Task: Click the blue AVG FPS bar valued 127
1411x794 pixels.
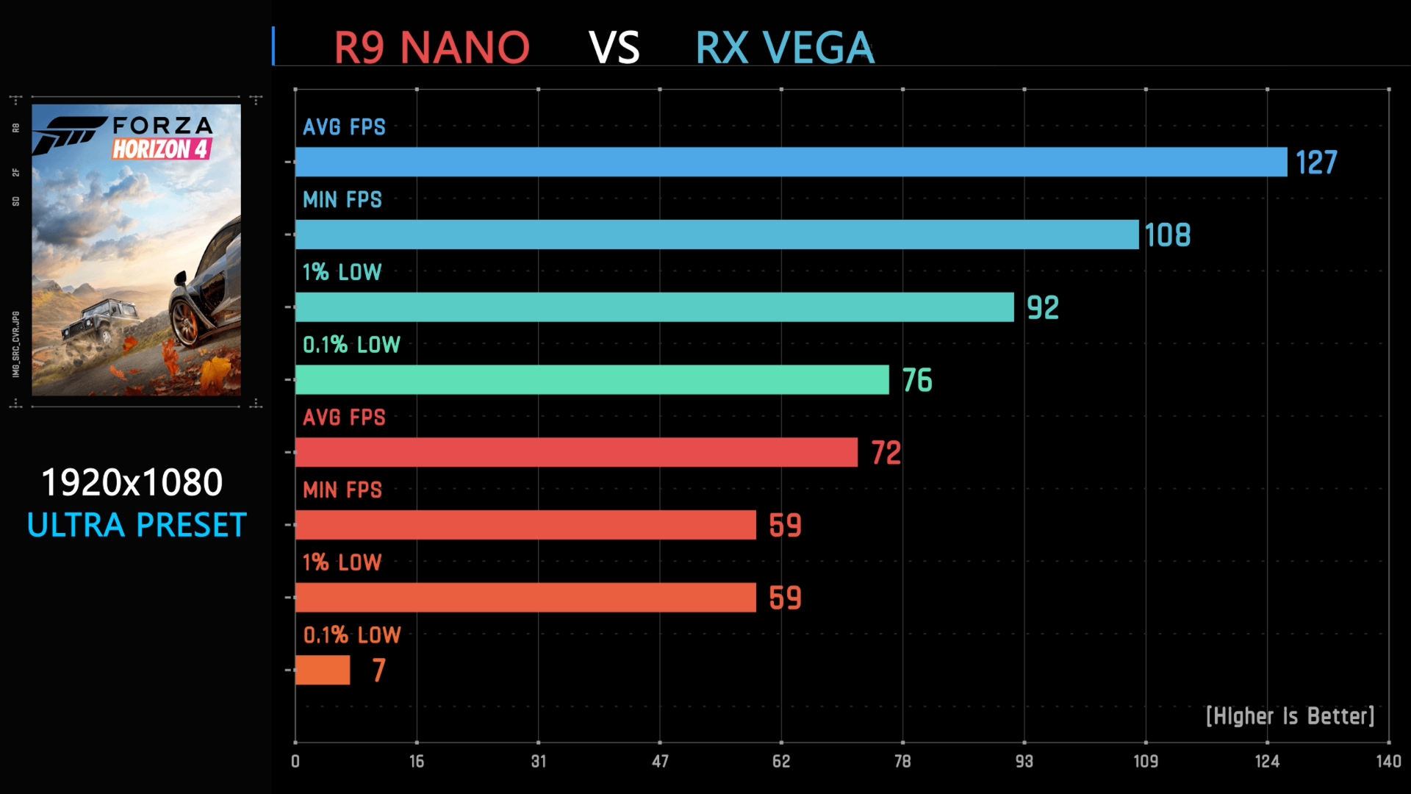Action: (791, 162)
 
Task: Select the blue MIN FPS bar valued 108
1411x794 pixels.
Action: (717, 235)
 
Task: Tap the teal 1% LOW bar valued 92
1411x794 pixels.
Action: (654, 307)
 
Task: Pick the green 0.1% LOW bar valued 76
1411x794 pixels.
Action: (592, 380)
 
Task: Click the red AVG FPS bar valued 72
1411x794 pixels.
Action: (576, 452)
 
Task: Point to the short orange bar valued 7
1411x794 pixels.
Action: (323, 670)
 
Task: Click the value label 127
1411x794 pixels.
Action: (1315, 162)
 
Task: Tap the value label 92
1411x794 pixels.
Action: (1043, 308)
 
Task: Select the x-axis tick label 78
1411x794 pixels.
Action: (902, 762)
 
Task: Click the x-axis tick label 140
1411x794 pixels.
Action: (1388, 762)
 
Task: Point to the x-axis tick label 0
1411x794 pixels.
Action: (295, 762)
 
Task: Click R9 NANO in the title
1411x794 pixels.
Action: (431, 48)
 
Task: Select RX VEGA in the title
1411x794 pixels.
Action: (785, 48)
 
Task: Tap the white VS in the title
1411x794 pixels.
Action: (614, 48)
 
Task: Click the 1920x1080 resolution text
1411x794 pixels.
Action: (132, 483)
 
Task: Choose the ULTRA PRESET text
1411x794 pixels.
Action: (137, 526)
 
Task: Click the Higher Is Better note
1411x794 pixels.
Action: (1290, 716)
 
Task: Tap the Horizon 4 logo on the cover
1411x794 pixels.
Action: (162, 149)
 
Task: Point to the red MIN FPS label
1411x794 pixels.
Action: (342, 490)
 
